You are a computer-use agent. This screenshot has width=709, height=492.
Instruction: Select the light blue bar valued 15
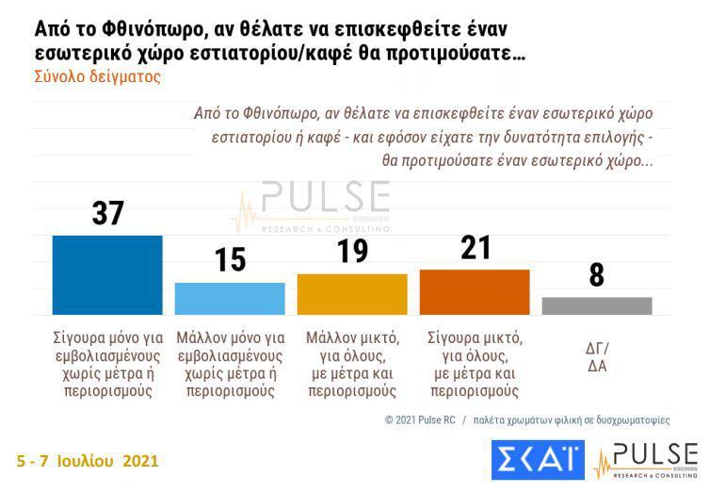(x=230, y=298)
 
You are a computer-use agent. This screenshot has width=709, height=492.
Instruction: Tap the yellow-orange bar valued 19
(x=352, y=294)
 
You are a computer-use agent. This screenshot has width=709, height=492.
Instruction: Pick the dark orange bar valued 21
(x=474, y=291)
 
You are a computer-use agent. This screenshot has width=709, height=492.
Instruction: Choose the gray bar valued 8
(x=597, y=305)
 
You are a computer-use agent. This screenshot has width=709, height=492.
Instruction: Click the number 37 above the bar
(x=107, y=213)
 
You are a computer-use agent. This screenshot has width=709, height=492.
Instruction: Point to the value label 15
(x=230, y=259)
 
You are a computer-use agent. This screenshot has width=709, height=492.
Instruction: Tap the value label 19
(x=352, y=253)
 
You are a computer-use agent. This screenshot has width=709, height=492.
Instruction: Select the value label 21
(x=474, y=248)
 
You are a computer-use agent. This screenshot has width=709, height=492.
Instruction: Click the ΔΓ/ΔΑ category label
(x=597, y=355)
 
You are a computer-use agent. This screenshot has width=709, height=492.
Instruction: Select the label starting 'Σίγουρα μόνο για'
(x=107, y=363)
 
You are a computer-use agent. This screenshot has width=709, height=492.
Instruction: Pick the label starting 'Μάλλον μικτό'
(x=352, y=363)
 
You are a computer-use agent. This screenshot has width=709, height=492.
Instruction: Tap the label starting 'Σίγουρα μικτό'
(x=474, y=363)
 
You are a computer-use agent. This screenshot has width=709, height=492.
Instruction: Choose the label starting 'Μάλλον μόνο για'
(x=230, y=363)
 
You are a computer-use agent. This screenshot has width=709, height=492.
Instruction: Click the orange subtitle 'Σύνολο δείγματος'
(x=97, y=77)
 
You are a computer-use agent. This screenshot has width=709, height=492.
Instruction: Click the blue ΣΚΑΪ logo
(x=538, y=459)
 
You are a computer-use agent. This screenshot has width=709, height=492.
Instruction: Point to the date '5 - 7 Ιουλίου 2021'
(x=88, y=461)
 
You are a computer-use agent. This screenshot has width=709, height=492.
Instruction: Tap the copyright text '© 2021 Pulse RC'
(x=421, y=419)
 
